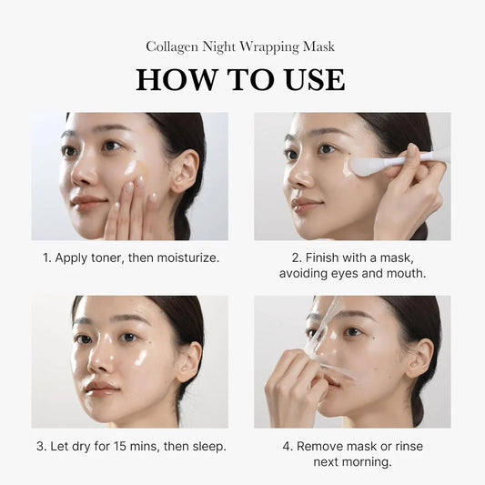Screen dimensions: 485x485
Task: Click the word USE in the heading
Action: coord(310,79)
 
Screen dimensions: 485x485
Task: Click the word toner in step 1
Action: coord(102,258)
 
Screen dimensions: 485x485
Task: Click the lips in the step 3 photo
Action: coord(101,389)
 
